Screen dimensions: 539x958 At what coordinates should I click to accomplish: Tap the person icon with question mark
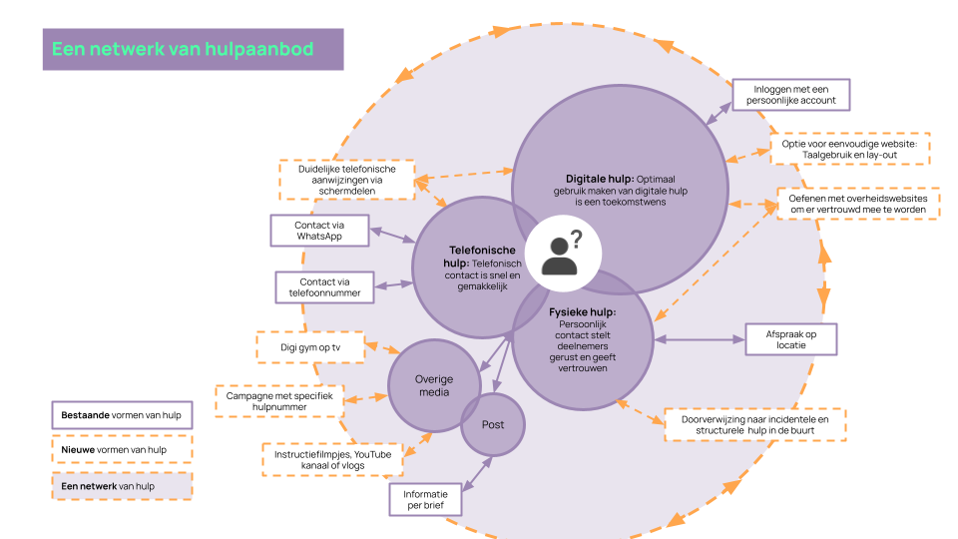pos(561,251)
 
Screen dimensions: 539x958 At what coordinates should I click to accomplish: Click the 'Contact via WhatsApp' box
pos(319,231)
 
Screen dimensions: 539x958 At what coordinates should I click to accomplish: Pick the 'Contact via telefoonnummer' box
pos(324,287)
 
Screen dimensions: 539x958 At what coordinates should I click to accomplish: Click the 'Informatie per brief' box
pos(425,499)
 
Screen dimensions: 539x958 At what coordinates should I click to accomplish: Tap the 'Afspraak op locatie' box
pos(790,339)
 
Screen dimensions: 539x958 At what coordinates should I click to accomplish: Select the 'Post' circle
pos(493,424)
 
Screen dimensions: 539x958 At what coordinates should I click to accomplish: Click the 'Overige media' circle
pos(434,385)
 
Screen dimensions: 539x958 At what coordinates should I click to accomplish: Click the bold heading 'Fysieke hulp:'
pos(582,312)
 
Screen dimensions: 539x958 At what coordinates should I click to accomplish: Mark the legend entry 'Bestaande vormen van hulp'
pos(121,414)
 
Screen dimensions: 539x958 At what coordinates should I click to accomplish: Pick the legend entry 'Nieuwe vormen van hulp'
pos(121,449)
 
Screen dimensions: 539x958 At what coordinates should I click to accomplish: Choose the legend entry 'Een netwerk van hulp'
pos(121,485)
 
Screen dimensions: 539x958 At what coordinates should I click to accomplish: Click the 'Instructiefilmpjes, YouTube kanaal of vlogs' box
pos(332,459)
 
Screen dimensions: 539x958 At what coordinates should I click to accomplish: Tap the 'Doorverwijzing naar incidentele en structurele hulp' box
pos(755,424)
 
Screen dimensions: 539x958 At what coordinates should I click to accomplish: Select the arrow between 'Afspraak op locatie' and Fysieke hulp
pos(699,339)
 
